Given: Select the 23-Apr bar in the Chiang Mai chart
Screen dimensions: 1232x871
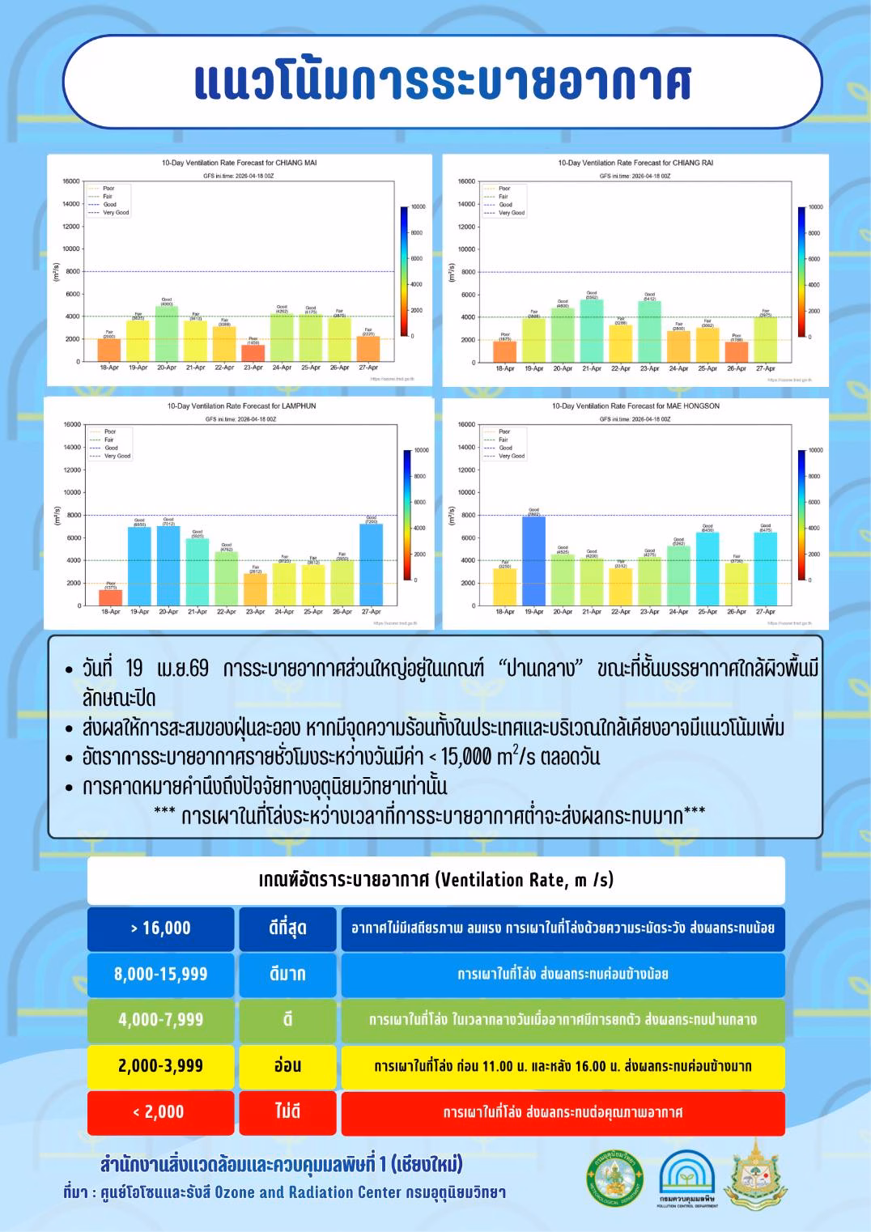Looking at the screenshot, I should (253, 353).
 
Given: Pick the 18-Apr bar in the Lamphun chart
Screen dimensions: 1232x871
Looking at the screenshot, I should (111, 597).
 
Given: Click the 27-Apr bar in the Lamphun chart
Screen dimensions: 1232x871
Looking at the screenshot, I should (372, 564).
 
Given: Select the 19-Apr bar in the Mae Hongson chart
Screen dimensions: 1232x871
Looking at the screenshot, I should (533, 561).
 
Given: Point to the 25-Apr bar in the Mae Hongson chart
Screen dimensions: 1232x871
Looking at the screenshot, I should (707, 568).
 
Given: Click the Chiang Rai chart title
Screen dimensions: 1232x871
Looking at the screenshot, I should (635, 163).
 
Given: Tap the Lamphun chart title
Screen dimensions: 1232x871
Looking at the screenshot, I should (241, 406).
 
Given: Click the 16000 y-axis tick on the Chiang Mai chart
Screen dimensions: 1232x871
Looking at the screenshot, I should (71, 181).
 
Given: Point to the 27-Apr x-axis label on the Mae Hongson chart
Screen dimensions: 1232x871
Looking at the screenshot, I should (765, 612).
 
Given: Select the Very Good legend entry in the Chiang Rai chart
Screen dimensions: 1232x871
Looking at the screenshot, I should (512, 213).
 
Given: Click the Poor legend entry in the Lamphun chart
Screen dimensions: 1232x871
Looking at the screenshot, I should (111, 431).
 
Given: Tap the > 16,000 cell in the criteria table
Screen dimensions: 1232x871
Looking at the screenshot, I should (161, 928).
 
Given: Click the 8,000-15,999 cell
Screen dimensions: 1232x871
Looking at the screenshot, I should (161, 974).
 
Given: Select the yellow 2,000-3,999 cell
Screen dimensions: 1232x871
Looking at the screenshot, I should (161, 1066).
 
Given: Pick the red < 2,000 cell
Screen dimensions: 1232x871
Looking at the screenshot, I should (161, 1112).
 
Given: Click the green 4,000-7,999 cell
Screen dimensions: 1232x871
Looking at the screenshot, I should (161, 1020).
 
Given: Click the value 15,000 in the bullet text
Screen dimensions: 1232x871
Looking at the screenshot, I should (466, 757).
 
